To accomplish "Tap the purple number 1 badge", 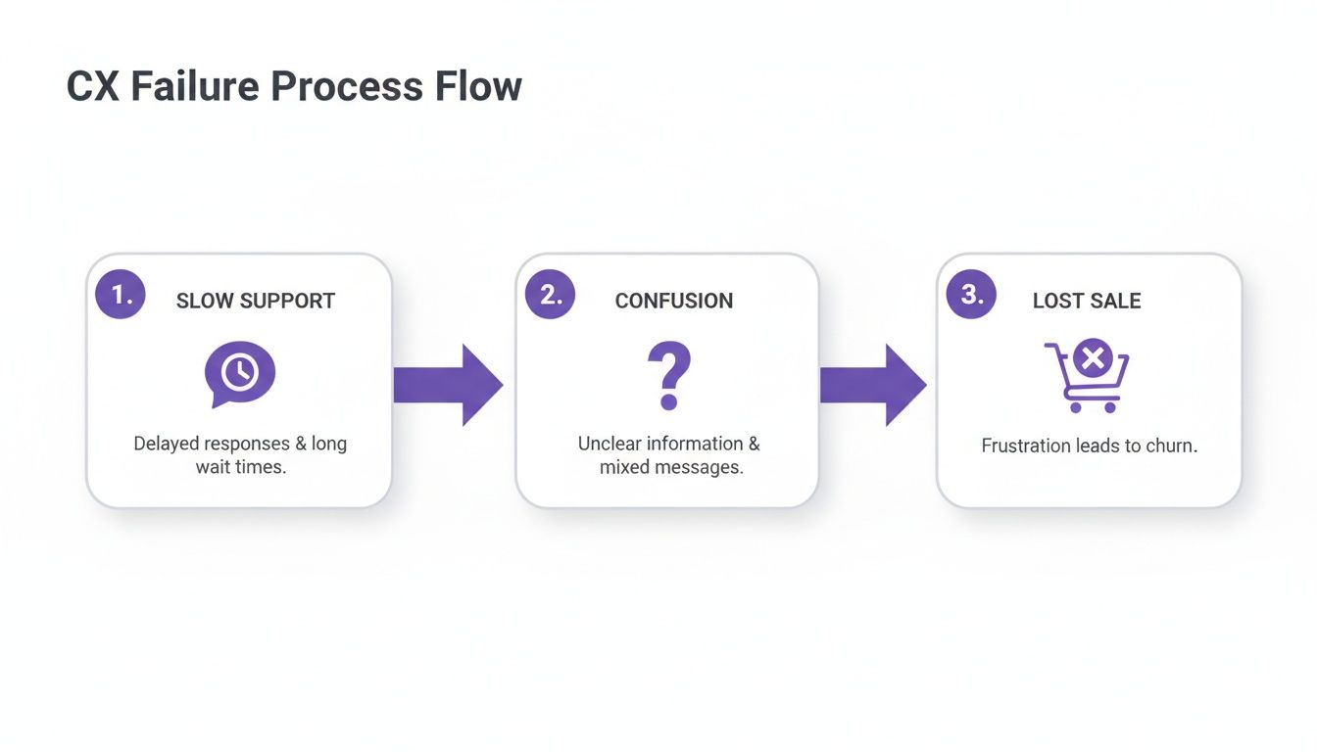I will [121, 294].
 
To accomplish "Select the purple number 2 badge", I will [551, 294].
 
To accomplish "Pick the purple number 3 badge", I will [971, 294].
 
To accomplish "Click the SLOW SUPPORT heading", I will [255, 301].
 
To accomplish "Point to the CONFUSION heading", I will [673, 301].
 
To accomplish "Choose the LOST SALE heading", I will [1087, 301].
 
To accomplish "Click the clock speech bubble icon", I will [240, 373].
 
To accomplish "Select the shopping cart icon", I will [1088, 377].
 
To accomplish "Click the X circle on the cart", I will [1092, 359].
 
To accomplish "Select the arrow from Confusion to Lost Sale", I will [872, 385].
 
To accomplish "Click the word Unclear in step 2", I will [607, 444].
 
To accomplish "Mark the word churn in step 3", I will [1173, 446].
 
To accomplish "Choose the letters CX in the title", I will [92, 86].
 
